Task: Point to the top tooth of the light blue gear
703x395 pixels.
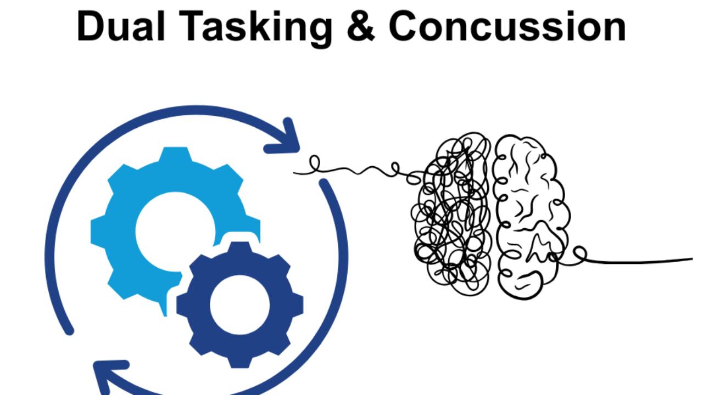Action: pos(175,156)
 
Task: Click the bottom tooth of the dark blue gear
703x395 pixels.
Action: pos(239,359)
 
